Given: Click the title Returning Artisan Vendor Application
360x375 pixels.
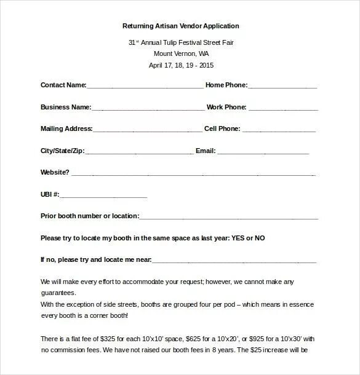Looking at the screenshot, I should tap(180, 26).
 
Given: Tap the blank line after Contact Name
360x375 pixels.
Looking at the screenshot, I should tap(145, 87).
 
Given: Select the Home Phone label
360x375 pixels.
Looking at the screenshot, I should tap(226, 85).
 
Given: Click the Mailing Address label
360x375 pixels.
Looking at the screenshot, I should tap(66, 129).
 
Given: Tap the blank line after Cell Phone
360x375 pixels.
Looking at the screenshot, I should tap(279, 131).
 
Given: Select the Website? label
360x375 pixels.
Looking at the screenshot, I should tap(54, 172).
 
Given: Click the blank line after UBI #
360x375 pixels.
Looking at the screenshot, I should tap(103, 196).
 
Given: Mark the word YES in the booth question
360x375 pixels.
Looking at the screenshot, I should tap(238, 238).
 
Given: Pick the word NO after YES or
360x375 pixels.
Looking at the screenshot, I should tap(260, 238).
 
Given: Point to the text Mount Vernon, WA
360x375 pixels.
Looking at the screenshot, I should tap(180, 53).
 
